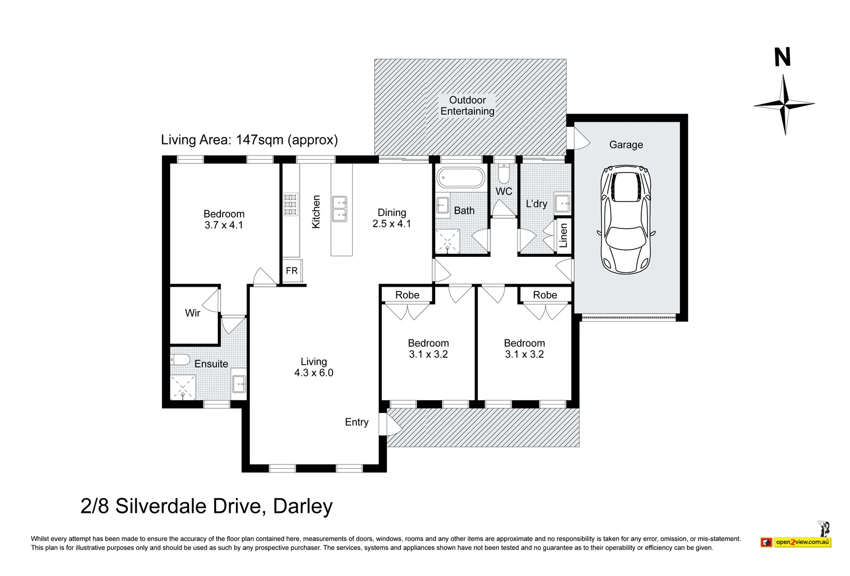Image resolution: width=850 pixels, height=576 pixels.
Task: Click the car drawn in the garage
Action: pyautogui.click(x=626, y=220)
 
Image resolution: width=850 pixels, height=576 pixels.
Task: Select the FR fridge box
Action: pyautogui.click(x=292, y=271)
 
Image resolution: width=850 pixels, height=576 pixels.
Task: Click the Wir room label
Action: pyautogui.click(x=192, y=313)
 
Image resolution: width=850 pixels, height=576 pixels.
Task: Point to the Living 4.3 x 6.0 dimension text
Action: pyautogui.click(x=314, y=373)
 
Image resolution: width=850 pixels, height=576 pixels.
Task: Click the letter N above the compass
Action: pyautogui.click(x=783, y=57)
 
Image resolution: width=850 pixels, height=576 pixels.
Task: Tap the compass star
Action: pyautogui.click(x=784, y=104)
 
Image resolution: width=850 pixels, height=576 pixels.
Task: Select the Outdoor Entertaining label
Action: pyautogui.click(x=467, y=106)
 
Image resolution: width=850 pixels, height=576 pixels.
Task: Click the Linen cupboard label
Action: pyautogui.click(x=564, y=235)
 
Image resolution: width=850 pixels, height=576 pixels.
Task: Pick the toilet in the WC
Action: pyautogui.click(x=504, y=174)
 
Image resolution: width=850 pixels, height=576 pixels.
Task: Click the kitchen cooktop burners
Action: pyautogui.click(x=291, y=205)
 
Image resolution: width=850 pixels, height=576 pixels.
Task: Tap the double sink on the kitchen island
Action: pyautogui.click(x=339, y=209)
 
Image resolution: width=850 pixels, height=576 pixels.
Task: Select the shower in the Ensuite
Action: pyautogui.click(x=183, y=387)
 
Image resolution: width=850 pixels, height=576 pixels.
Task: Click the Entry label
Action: pyautogui.click(x=356, y=422)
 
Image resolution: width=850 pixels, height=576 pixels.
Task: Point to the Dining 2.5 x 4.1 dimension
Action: pyautogui.click(x=392, y=223)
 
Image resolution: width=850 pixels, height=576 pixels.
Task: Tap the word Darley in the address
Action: pyautogui.click(x=303, y=506)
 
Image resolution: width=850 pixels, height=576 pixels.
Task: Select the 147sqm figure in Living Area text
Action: pyautogui.click(x=260, y=140)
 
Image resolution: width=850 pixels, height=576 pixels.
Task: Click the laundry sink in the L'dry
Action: pyautogui.click(x=562, y=204)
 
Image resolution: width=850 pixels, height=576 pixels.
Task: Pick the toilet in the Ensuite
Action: pyautogui.click(x=180, y=359)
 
